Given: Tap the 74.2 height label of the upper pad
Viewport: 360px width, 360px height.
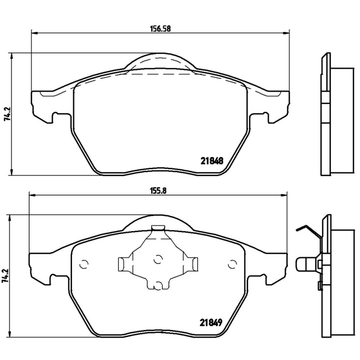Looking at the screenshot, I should click(6, 114).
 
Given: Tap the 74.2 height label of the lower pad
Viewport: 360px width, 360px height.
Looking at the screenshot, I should click(6, 275).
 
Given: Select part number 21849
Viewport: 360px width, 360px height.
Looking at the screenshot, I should click(211, 322).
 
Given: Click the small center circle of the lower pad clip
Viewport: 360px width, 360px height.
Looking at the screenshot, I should click(157, 260).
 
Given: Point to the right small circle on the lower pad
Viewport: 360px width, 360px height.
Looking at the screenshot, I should click(233, 264).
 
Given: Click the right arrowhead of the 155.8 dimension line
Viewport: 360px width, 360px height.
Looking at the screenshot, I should click(284, 195).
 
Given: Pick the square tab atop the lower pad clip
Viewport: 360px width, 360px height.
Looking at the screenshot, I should click(157, 228).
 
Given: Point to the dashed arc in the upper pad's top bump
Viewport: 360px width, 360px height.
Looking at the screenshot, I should click(160, 60).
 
